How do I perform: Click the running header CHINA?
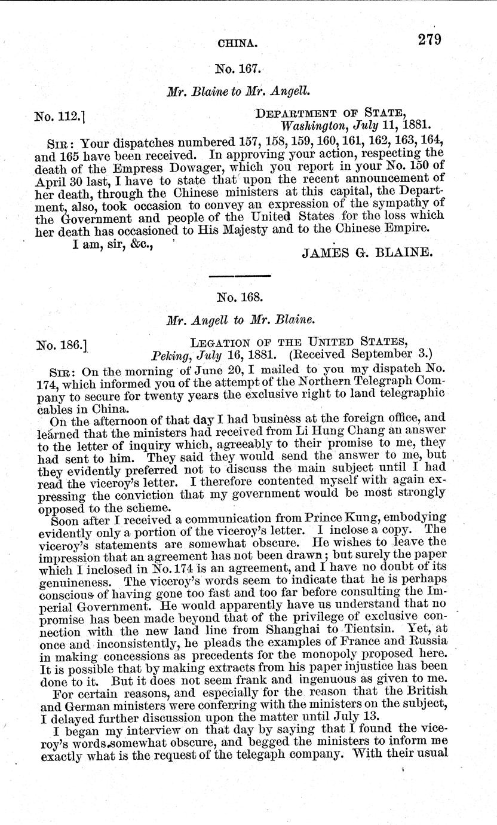238,43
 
